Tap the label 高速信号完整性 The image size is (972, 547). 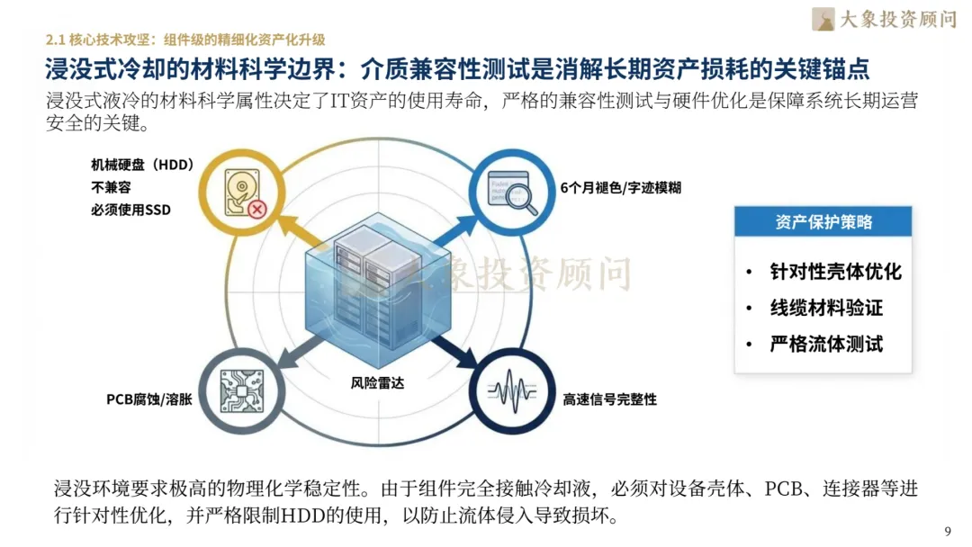point(609,399)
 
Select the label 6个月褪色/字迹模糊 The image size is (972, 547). point(620,188)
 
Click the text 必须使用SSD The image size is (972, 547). point(130,211)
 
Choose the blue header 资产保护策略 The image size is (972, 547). point(823,222)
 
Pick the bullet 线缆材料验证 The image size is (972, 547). point(826,308)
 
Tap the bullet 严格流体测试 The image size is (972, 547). point(826,344)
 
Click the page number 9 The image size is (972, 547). point(947,530)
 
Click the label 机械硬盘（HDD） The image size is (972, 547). point(142,166)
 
